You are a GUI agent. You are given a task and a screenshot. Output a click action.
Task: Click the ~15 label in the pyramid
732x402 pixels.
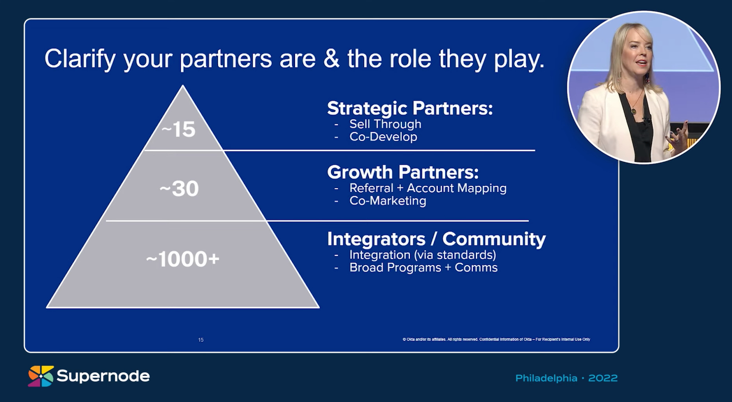(179, 129)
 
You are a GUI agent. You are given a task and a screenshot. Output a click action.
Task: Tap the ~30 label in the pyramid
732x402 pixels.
(179, 189)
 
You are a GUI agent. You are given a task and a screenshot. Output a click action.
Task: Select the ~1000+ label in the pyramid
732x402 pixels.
(183, 259)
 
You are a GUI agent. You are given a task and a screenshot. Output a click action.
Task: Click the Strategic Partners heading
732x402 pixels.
(410, 108)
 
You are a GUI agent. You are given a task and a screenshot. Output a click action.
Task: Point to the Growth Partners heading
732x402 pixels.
(403, 172)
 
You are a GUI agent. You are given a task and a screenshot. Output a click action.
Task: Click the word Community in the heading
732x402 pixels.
(494, 238)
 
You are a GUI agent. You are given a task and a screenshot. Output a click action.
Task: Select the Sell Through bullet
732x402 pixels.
(385, 124)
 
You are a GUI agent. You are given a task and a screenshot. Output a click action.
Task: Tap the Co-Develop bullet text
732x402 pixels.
(383, 137)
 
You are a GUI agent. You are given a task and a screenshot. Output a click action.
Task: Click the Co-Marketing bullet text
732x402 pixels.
(387, 201)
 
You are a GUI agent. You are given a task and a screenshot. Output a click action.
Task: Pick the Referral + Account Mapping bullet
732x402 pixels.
(428, 188)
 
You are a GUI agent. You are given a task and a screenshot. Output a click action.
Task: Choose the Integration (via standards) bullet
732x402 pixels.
(423, 255)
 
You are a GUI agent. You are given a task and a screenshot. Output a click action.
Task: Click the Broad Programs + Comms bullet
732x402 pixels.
(423, 268)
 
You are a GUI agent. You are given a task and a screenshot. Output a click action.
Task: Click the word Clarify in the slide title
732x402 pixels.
(80, 59)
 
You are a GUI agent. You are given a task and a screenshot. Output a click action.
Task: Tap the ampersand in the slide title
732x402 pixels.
(331, 59)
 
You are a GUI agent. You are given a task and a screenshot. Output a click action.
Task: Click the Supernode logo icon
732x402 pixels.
(40, 376)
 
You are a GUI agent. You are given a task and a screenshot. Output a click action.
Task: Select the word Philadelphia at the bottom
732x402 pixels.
(546, 378)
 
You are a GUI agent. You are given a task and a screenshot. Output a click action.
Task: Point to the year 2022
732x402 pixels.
(603, 378)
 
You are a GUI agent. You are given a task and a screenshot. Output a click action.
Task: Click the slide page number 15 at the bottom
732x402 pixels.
(201, 340)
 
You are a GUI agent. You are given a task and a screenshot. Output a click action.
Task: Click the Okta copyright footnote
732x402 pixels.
(496, 340)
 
